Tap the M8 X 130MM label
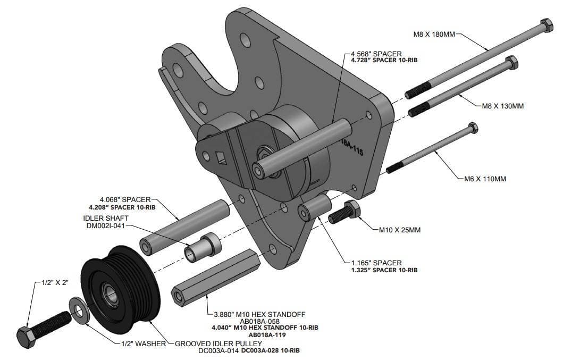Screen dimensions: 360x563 pyautogui.click(x=502, y=106)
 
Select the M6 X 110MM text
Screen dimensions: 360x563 pyautogui.click(x=485, y=179)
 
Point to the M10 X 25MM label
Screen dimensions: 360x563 pyautogui.click(x=400, y=230)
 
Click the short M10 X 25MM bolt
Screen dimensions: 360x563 pyautogui.click(x=344, y=213)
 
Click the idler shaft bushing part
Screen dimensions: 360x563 pyautogui.click(x=203, y=246)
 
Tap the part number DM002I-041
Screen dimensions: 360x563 pyautogui.click(x=104, y=226)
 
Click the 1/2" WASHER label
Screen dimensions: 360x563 pyautogui.click(x=144, y=344)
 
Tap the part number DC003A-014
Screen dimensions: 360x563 pyautogui.click(x=219, y=351)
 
